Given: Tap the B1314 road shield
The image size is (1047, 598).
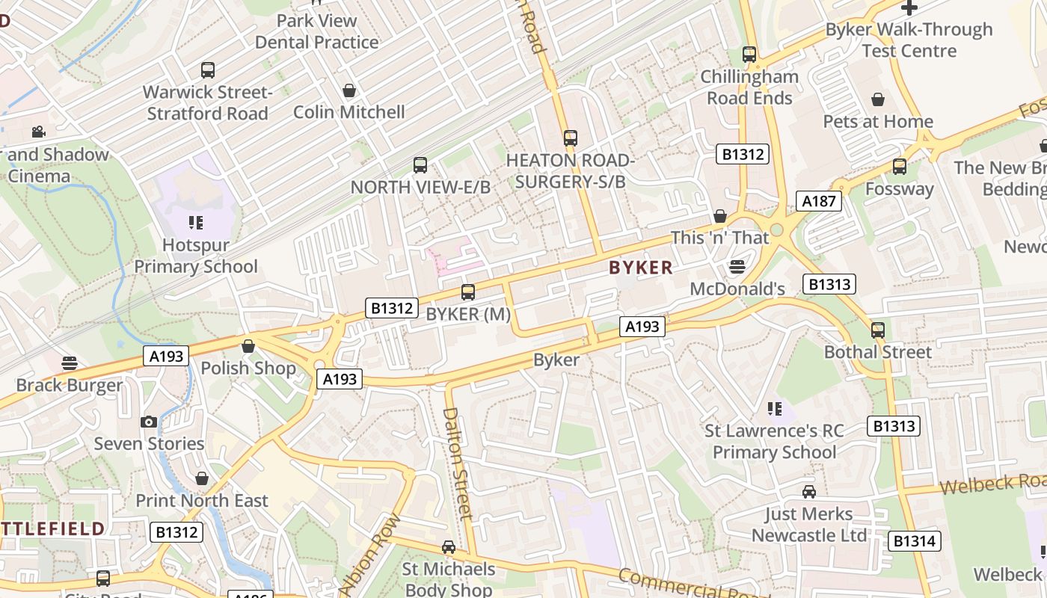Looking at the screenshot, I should pos(914,540).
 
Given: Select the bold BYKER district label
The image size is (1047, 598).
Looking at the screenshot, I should pos(641,268).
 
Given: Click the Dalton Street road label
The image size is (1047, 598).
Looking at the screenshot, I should pos(457,463).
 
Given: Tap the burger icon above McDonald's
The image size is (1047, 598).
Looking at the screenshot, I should pos(737,267).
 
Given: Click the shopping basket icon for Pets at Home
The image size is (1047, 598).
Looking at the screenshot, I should pos(878,99).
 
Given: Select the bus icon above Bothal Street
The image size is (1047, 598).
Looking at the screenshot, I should pos(878,330).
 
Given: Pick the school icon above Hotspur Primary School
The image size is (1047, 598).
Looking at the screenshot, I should pos(196,222).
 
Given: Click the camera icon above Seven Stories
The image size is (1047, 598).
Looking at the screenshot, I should pos(149,422).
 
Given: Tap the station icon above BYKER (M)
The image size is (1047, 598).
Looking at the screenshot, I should pos(468,292).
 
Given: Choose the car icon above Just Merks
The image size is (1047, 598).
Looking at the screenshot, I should pos(809,492).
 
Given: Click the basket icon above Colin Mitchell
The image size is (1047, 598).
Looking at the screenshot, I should pos(349,90).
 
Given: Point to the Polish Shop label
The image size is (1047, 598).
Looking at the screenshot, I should pos(248,368).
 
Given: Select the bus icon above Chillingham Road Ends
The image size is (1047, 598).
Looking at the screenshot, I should pos(749,55).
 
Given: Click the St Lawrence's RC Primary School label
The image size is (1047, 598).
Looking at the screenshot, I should pos(774,441).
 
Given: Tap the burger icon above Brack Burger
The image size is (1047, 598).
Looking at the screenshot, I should pos(70,363).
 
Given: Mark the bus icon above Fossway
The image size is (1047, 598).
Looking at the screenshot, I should pos(900,167).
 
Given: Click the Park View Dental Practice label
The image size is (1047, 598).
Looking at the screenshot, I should pos(317,31).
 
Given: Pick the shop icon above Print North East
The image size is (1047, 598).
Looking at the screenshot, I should pos(201,478).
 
